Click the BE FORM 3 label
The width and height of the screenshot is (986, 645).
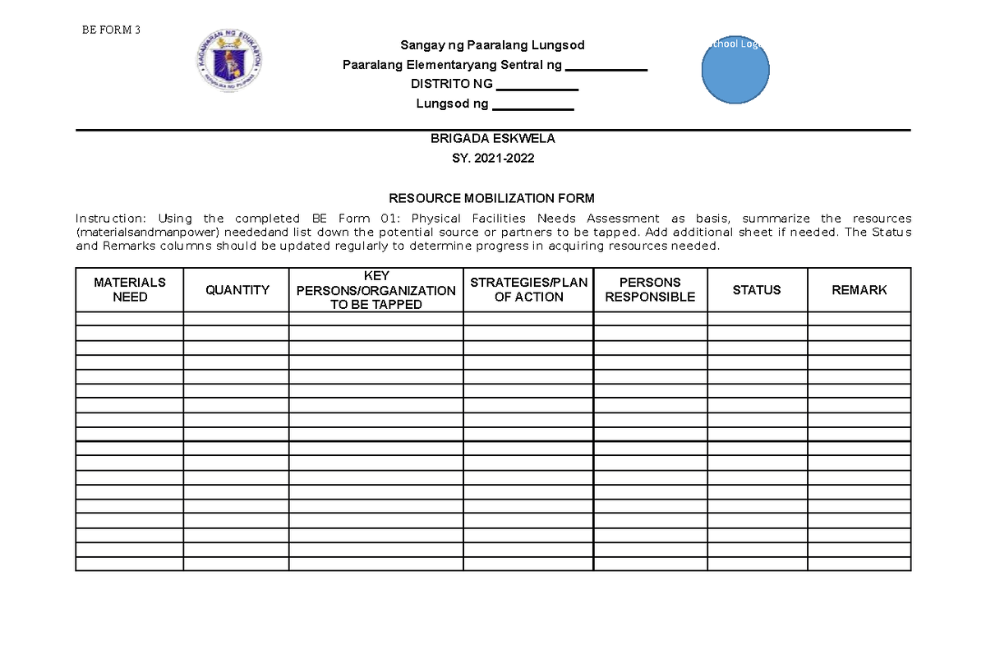click(111, 30)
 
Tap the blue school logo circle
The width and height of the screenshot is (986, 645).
click(735, 71)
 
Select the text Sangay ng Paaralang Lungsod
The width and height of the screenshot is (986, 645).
click(492, 44)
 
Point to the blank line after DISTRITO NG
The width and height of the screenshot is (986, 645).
click(537, 86)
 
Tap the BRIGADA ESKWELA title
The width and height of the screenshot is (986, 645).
click(492, 139)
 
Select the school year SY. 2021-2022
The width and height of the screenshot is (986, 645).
click(492, 159)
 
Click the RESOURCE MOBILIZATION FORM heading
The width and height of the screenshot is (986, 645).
click(492, 198)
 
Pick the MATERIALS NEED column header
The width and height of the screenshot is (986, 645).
click(130, 289)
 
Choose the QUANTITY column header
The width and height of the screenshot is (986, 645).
click(237, 289)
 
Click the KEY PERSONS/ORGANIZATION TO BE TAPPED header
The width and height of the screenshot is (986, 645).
click(376, 290)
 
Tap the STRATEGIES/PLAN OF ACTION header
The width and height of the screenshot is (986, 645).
click(528, 289)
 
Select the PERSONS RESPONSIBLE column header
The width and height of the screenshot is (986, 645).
click(650, 289)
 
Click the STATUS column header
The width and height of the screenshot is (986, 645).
click(757, 289)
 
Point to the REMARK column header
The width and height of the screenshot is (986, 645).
click(859, 289)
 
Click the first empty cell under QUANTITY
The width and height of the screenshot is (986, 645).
click(237, 319)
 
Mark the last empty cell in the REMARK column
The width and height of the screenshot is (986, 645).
click(859, 563)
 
